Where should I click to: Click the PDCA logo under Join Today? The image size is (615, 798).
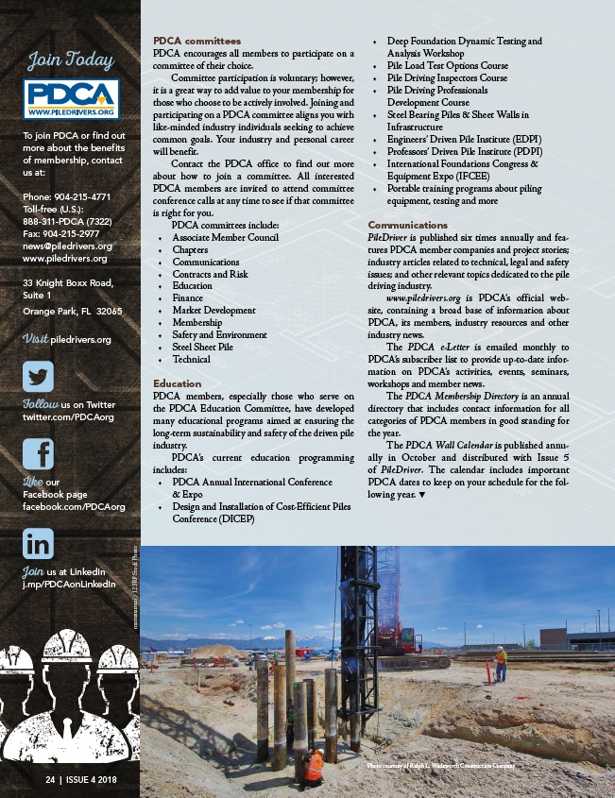[x=71, y=99]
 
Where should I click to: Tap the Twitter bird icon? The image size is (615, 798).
[x=39, y=377]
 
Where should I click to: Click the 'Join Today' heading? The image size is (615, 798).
[x=70, y=60]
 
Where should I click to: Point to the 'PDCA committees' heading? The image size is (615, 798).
[x=196, y=42]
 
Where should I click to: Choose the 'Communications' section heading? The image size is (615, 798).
[x=407, y=225]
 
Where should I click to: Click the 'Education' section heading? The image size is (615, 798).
[x=177, y=383]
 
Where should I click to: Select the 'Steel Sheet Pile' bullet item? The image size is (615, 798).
[x=202, y=347]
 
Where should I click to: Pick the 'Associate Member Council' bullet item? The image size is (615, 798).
[x=225, y=238]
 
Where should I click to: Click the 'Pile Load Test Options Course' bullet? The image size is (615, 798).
[x=447, y=66]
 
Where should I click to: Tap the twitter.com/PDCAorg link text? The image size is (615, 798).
[x=68, y=416]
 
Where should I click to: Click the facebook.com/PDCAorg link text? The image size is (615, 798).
[x=74, y=507]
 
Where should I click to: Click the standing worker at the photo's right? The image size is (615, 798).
[x=501, y=663]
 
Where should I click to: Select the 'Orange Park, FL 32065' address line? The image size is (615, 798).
[x=72, y=311]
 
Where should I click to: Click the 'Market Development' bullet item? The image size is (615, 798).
[x=214, y=310]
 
